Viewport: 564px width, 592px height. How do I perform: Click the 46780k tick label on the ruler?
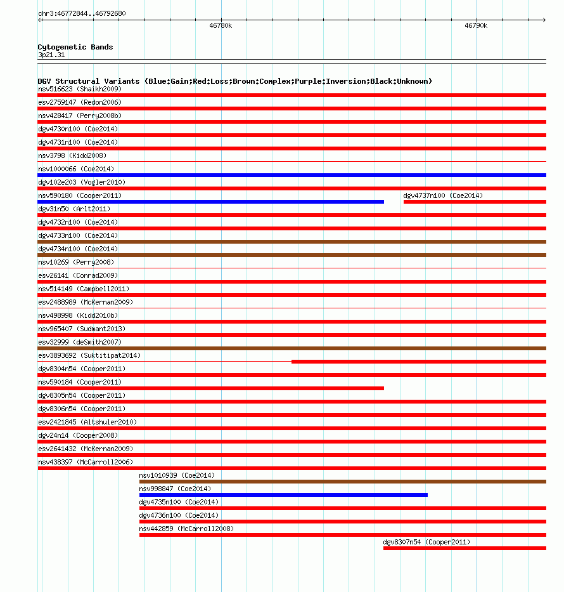(221, 26)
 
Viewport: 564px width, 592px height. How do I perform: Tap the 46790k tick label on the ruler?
(476, 26)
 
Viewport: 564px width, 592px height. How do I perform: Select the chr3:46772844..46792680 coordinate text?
(82, 13)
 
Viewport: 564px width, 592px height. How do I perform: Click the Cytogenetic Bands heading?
(75, 47)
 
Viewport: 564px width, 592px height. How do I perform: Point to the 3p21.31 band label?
(51, 55)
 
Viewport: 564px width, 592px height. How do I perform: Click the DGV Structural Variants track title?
(234, 81)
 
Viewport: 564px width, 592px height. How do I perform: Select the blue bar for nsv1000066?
(292, 174)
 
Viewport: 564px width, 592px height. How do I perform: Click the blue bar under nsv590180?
(210, 202)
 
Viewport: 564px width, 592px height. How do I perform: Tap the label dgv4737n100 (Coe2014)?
(443, 195)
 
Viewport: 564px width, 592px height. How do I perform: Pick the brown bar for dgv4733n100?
(292, 242)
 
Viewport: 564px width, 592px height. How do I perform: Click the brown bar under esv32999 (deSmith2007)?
(292, 348)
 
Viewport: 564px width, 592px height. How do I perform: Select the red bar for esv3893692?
(418, 362)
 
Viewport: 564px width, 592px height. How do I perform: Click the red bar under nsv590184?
(210, 388)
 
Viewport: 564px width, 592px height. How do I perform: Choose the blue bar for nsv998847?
(283, 495)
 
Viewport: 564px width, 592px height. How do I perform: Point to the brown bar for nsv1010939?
(342, 482)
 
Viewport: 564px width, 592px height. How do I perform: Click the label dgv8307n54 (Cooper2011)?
(426, 542)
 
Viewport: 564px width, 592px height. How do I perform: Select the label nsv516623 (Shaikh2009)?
(80, 89)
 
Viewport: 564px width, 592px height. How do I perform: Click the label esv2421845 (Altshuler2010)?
(87, 422)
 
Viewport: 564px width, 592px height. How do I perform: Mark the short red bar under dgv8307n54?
(465, 548)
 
